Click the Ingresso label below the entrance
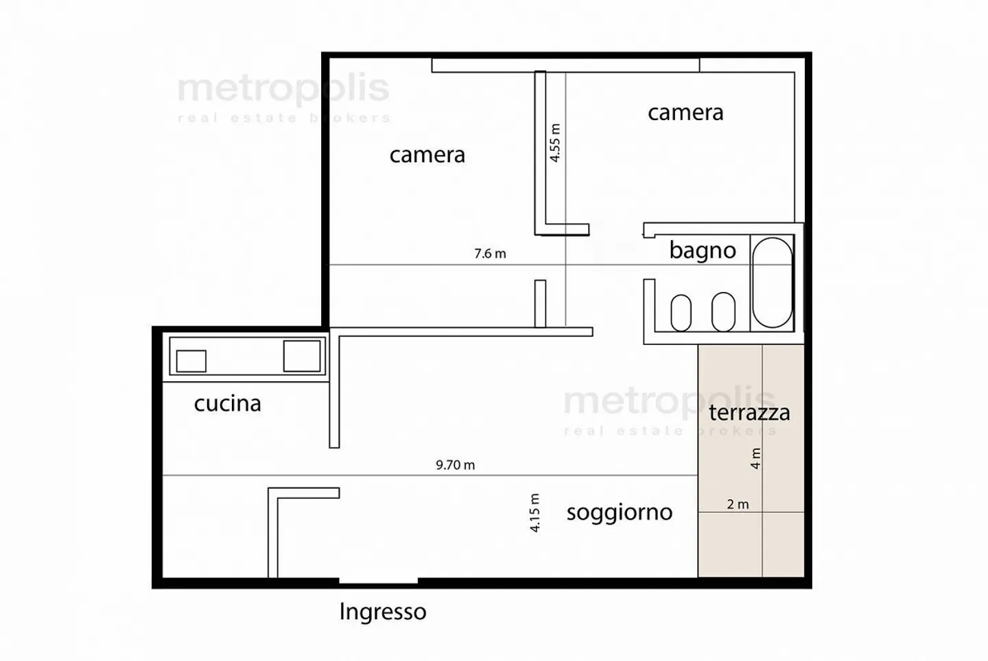tap(382, 612)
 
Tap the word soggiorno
tap(619, 512)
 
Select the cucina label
tap(227, 403)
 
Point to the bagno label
tap(702, 250)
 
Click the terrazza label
tap(749, 412)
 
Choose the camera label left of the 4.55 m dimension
tap(427, 155)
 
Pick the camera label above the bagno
tap(685, 112)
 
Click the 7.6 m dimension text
tap(490, 254)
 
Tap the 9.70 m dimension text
tap(455, 465)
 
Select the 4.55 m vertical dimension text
tap(555, 143)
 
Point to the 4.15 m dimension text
tap(535, 513)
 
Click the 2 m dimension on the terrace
tap(738, 505)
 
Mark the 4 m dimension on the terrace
tap(755, 458)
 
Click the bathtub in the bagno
tap(772, 283)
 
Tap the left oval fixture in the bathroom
tap(681, 313)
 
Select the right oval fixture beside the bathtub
tap(723, 311)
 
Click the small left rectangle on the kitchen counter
tap(191, 361)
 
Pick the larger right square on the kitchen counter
tap(302, 356)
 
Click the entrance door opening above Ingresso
tap(378, 582)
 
